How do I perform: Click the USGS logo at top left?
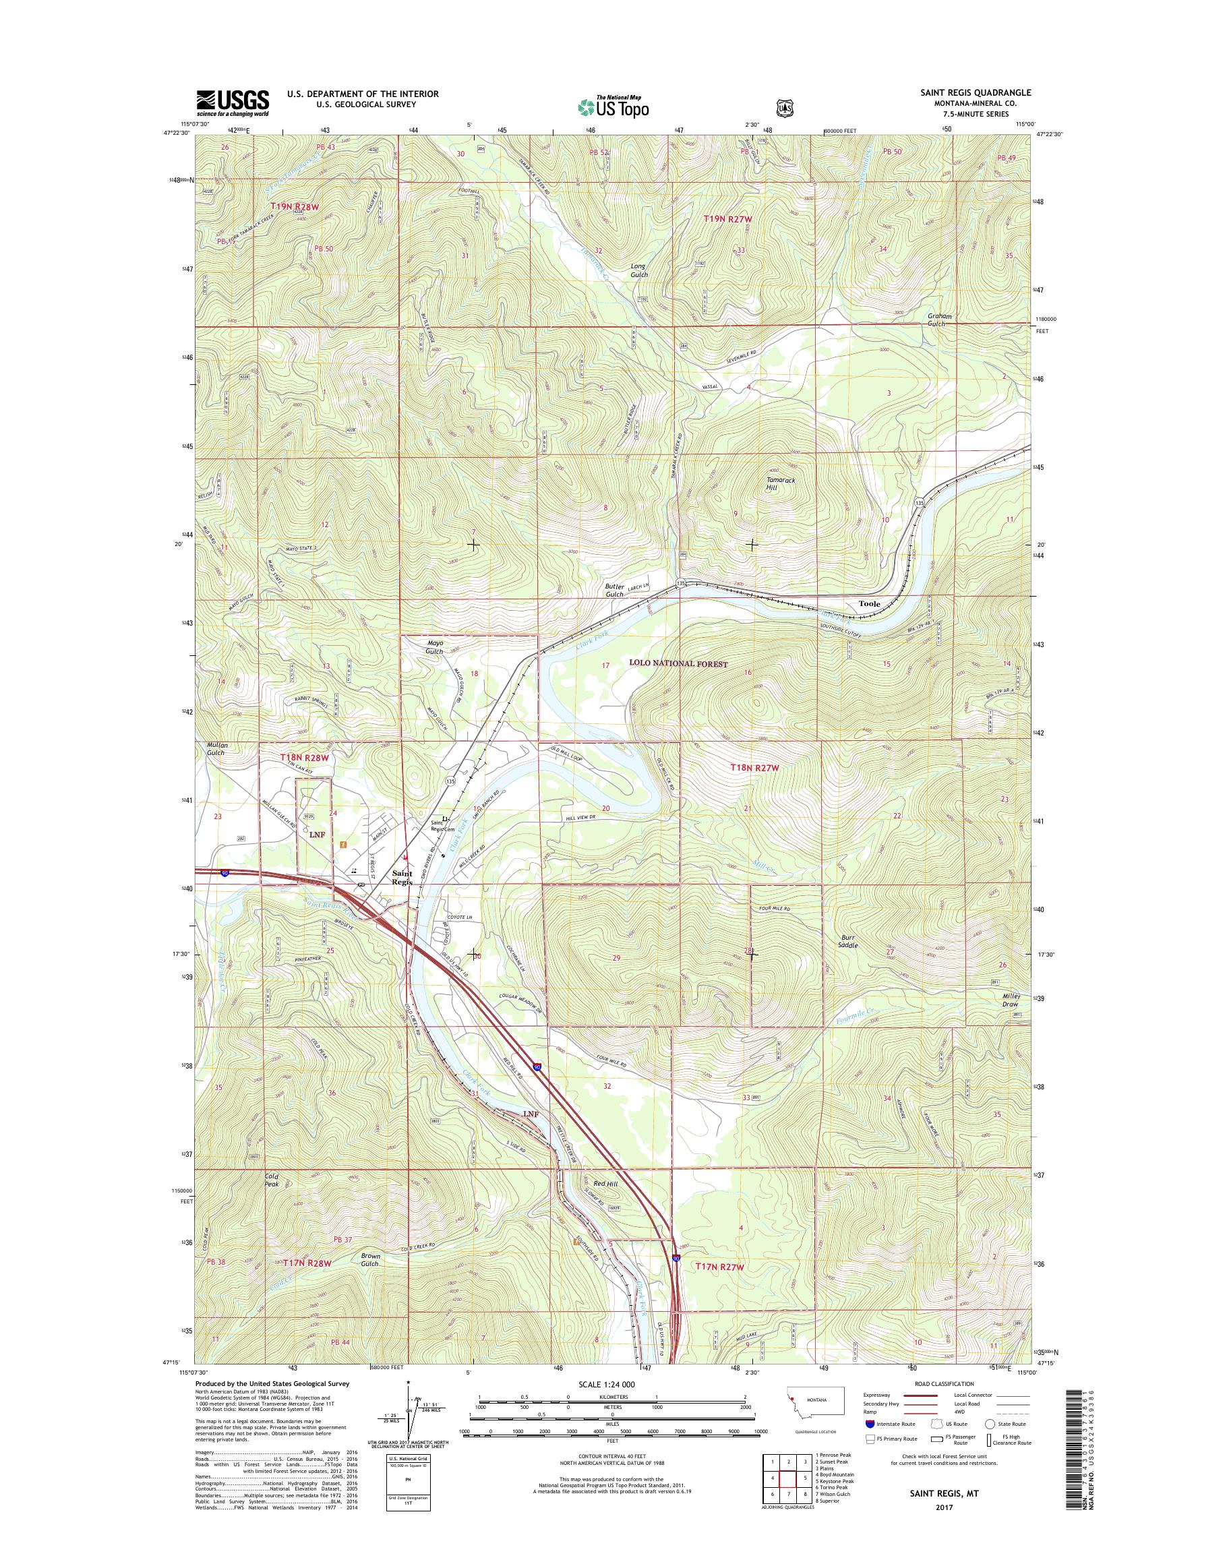233,103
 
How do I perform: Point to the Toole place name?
869,604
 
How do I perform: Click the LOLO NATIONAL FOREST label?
679,664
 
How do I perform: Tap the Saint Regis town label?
402,878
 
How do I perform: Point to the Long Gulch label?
638,270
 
